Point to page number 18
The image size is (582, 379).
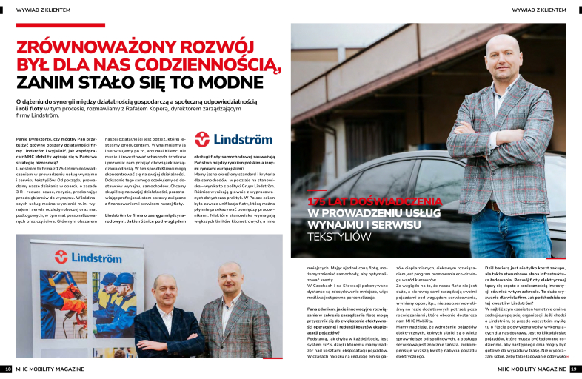click(7, 368)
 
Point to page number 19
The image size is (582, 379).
click(575, 368)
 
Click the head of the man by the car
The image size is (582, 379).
click(505, 55)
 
